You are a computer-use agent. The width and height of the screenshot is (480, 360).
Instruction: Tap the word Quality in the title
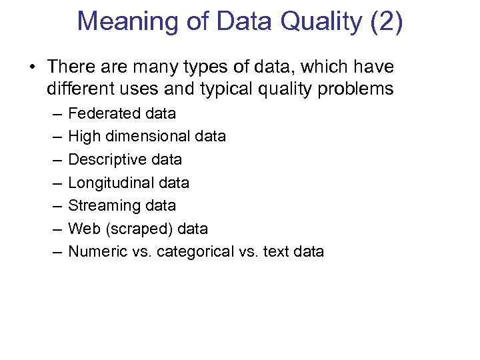point(321,21)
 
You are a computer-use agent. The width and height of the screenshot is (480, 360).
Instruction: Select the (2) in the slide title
point(385,21)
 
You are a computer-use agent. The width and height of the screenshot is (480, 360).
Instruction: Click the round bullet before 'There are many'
point(31,68)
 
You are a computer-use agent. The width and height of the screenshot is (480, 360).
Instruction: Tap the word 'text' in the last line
point(275,251)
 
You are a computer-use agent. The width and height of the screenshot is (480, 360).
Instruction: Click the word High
point(82,137)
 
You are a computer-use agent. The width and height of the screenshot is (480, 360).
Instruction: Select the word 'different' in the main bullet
point(82,89)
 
